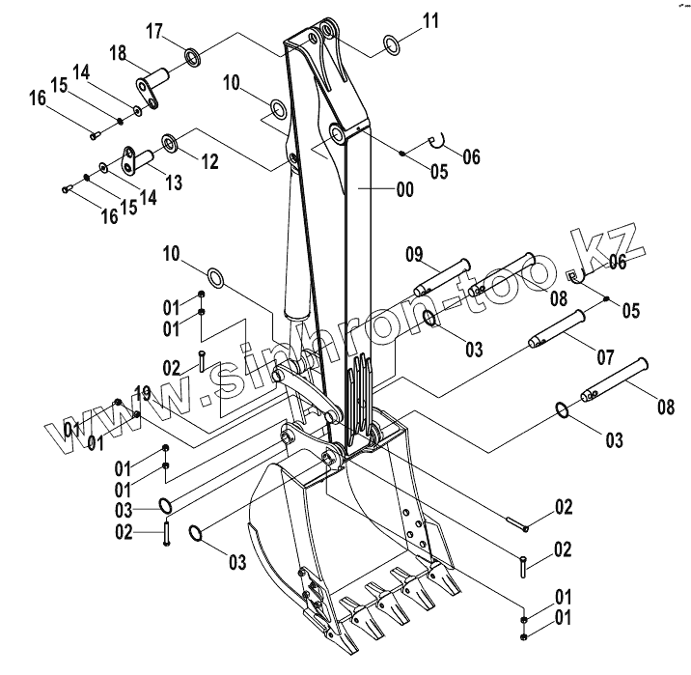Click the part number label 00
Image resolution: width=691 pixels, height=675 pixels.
[x=403, y=191]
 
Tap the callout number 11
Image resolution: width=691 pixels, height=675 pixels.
[x=429, y=19]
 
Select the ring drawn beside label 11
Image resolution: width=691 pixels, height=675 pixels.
[x=393, y=43]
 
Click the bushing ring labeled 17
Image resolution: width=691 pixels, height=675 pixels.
[x=192, y=59]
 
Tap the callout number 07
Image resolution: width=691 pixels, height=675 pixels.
[x=604, y=357]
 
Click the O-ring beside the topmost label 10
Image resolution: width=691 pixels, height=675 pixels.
[x=276, y=110]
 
